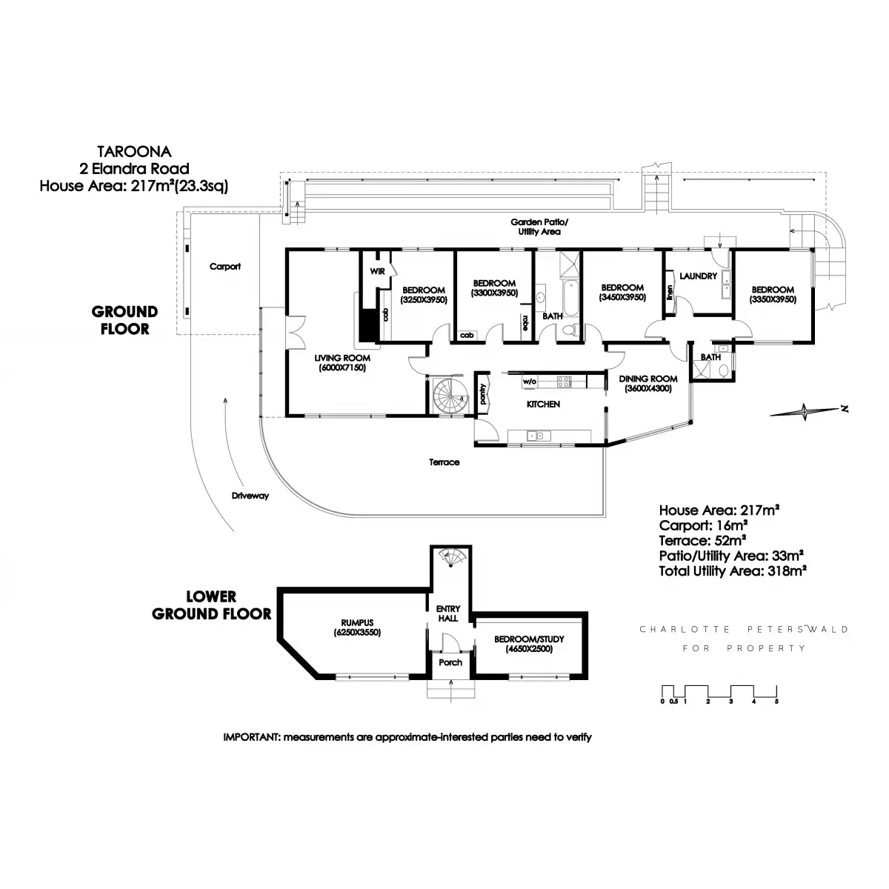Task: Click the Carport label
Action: tap(224, 267)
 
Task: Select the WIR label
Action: tap(377, 272)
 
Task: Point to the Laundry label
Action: tap(698, 276)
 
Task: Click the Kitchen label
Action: tap(542, 404)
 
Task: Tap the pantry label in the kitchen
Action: tap(483, 393)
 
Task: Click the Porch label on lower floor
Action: tap(450, 662)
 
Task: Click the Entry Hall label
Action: tap(447, 613)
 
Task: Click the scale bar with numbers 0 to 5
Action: tap(719, 693)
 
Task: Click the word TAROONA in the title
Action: tap(135, 152)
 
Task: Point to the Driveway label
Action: tap(250, 496)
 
